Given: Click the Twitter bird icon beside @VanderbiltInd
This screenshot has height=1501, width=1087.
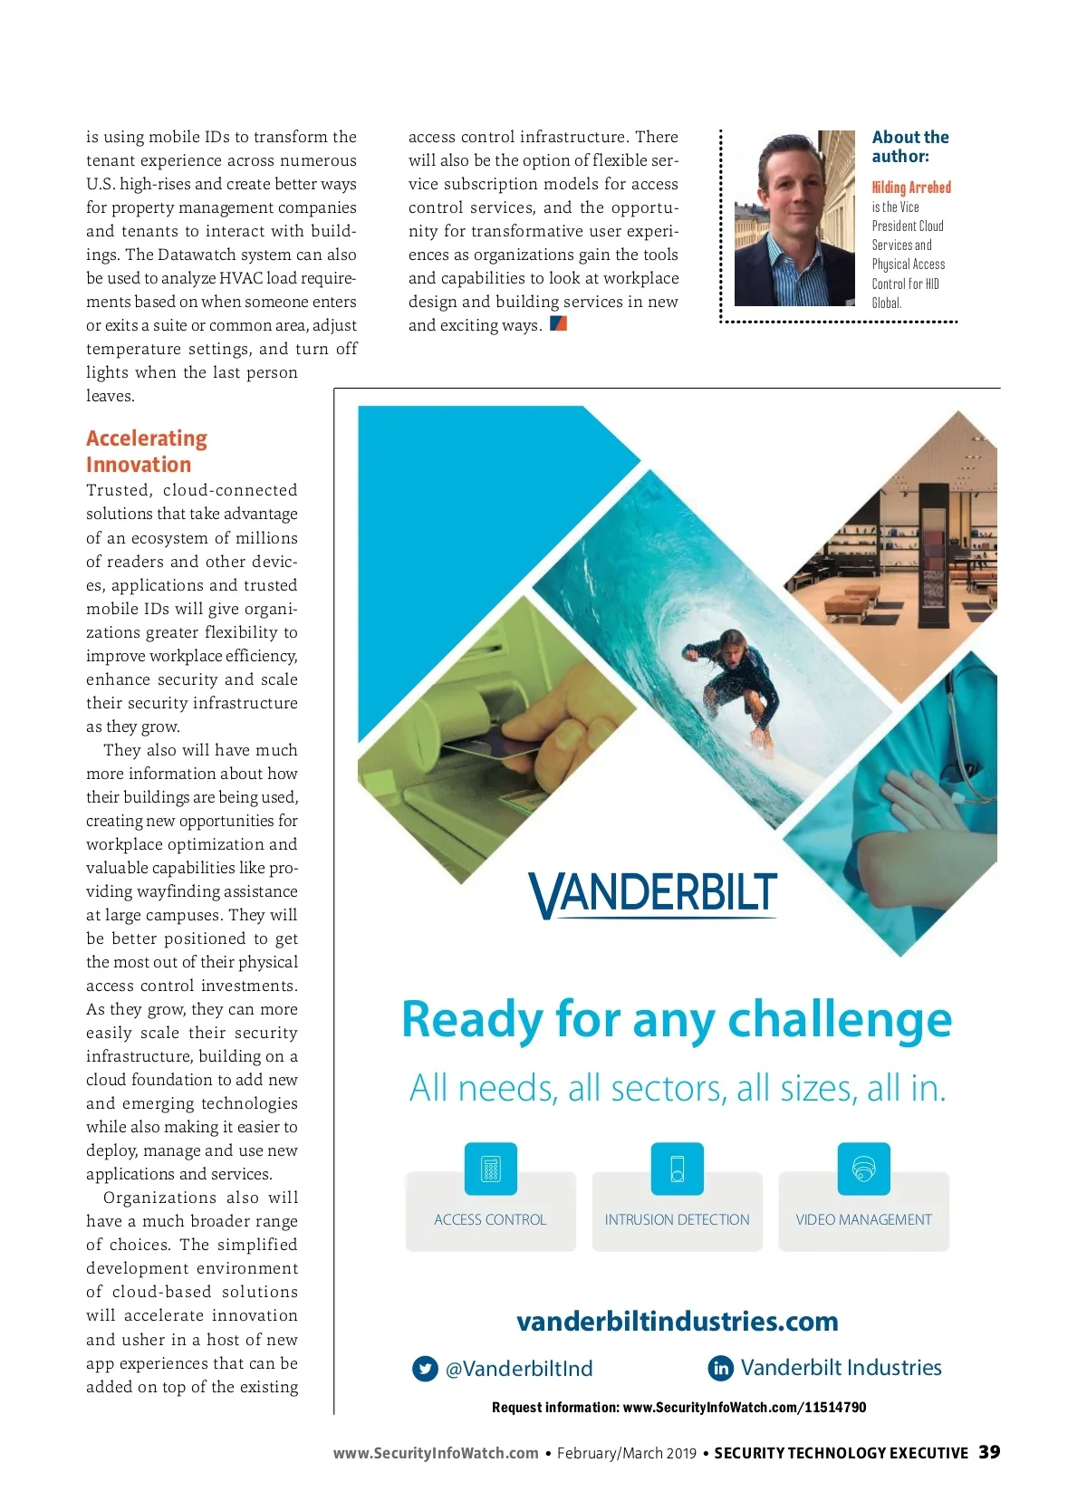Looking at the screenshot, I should [425, 1369].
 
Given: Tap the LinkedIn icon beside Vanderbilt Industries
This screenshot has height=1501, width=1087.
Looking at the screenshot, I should [721, 1368].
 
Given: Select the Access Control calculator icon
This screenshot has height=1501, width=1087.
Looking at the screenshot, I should [491, 1169].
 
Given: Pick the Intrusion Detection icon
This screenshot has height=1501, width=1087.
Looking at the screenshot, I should [677, 1169].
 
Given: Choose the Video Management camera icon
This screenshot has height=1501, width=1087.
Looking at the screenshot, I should [863, 1169].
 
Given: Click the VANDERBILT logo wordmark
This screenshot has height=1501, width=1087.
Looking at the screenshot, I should [653, 894].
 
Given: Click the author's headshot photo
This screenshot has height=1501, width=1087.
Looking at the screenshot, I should [794, 218].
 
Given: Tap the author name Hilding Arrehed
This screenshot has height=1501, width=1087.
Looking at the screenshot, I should [911, 188].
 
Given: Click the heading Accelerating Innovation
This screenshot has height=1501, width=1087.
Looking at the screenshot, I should [147, 451].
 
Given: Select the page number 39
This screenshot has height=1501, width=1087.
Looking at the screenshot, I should [989, 1452].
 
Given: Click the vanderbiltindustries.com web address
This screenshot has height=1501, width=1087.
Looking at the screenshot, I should [677, 1322].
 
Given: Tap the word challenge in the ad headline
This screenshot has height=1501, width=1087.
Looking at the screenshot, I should [840, 1019].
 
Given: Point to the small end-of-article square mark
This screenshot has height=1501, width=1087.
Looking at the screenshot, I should [558, 323].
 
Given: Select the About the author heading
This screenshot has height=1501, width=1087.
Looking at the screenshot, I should [909, 147].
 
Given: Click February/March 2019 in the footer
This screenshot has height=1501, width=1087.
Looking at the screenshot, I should [626, 1453].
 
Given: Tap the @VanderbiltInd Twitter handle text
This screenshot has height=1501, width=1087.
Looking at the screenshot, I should [519, 1369].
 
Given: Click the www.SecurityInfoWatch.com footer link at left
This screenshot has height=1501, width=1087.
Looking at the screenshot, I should [436, 1453].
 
